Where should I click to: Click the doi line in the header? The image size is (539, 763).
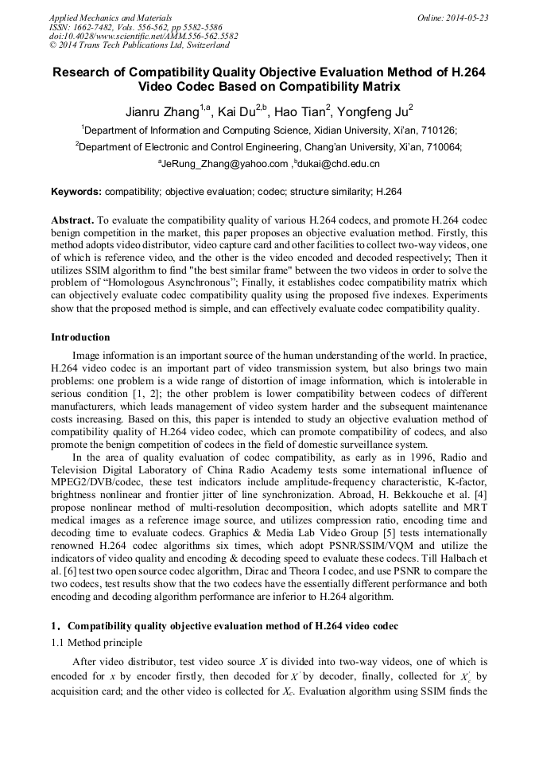click(x=143, y=36)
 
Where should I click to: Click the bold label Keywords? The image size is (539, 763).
click(x=76, y=192)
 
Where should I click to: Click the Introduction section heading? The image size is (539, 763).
click(x=80, y=337)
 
